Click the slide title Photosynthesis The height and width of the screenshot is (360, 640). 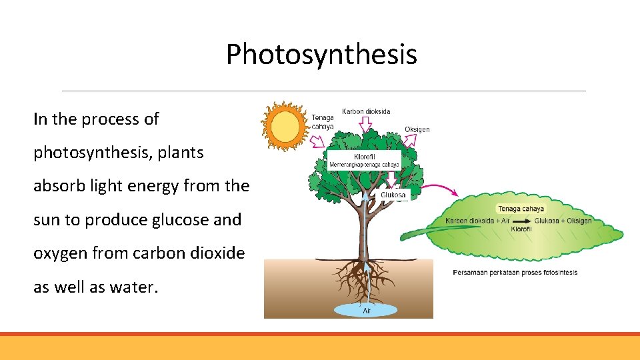pos(321,55)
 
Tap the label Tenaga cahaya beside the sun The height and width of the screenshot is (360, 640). pos(323,122)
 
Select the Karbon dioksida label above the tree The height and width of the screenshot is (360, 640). pos(366,111)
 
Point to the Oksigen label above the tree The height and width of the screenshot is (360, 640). pos(417,129)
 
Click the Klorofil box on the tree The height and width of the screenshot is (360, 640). pos(363,159)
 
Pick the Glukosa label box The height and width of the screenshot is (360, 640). pos(393,195)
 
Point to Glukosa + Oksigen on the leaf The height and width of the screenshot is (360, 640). pos(563,221)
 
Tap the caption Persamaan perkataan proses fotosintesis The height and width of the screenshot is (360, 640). pos(515,272)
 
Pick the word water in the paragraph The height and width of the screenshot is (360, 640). pos(137,287)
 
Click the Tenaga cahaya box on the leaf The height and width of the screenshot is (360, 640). pos(521,209)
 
